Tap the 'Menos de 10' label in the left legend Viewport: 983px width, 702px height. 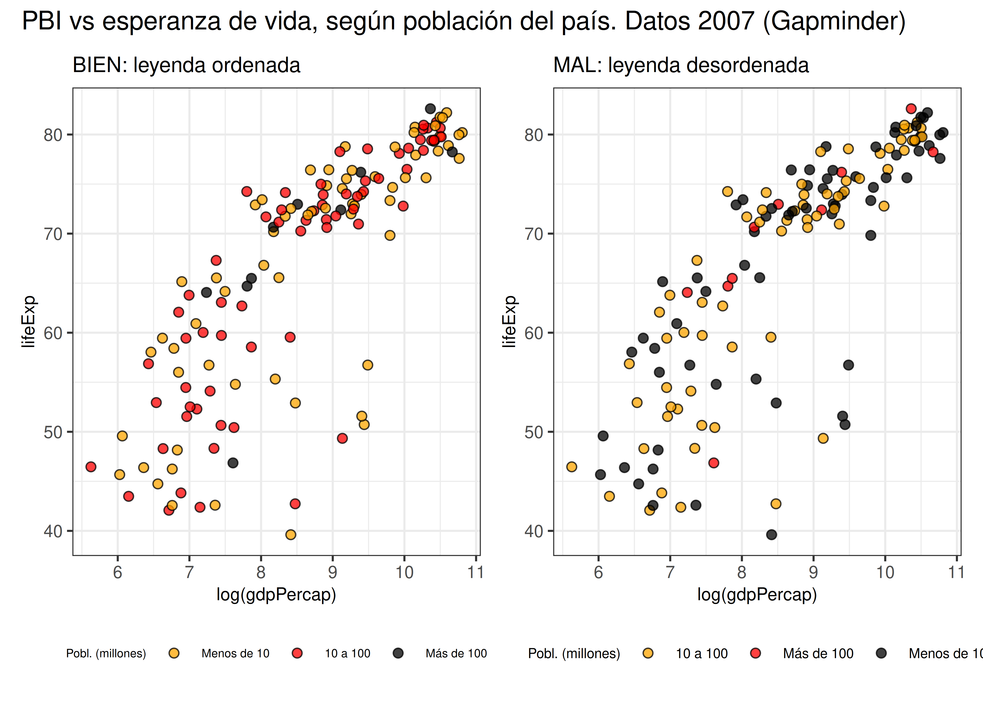coord(235,654)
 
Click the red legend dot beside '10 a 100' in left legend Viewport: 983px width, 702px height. coord(297,653)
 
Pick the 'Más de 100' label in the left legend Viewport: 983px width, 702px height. coord(456,654)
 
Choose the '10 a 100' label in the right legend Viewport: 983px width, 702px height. coord(702,654)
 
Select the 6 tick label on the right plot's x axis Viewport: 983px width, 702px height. coord(598,572)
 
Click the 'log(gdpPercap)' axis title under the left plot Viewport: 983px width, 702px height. coord(276,595)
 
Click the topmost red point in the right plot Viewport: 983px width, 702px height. coord(911,109)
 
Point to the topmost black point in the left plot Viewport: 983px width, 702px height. coord(430,109)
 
